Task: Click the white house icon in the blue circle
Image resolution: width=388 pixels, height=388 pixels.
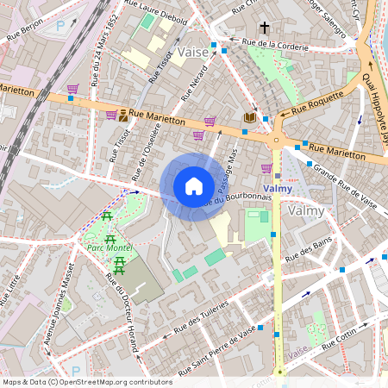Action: [194, 186]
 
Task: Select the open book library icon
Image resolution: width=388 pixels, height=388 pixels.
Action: [250, 116]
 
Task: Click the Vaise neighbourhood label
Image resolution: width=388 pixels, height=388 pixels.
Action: [193, 53]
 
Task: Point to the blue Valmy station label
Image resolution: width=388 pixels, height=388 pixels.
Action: [277, 188]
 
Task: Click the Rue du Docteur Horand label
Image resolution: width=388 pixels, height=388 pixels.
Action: [122, 311]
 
